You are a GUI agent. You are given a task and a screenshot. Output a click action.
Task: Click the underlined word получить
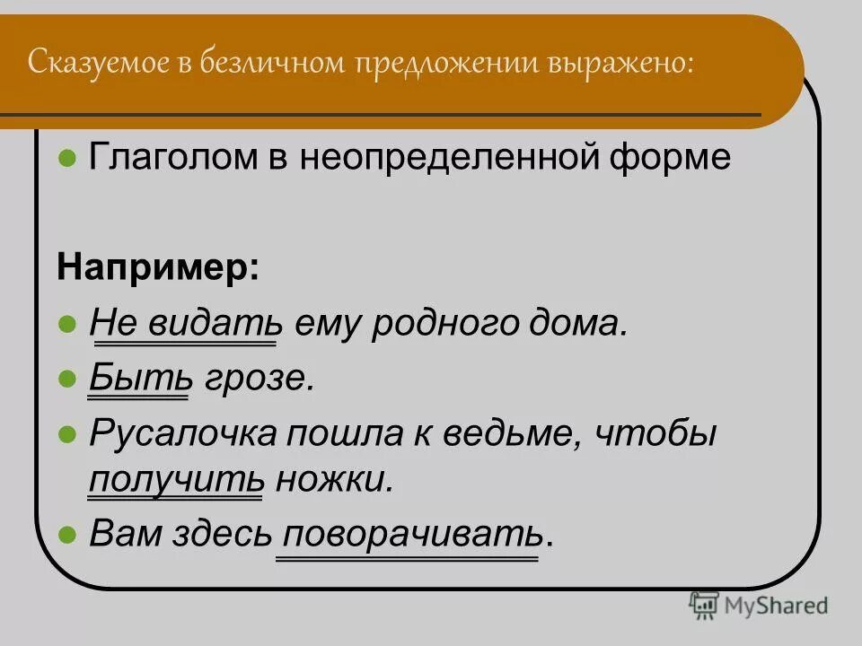coord(176,479)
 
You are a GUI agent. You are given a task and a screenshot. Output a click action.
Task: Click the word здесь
coord(225,536)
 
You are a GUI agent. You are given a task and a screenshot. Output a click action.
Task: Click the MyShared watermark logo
coord(759,605)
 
